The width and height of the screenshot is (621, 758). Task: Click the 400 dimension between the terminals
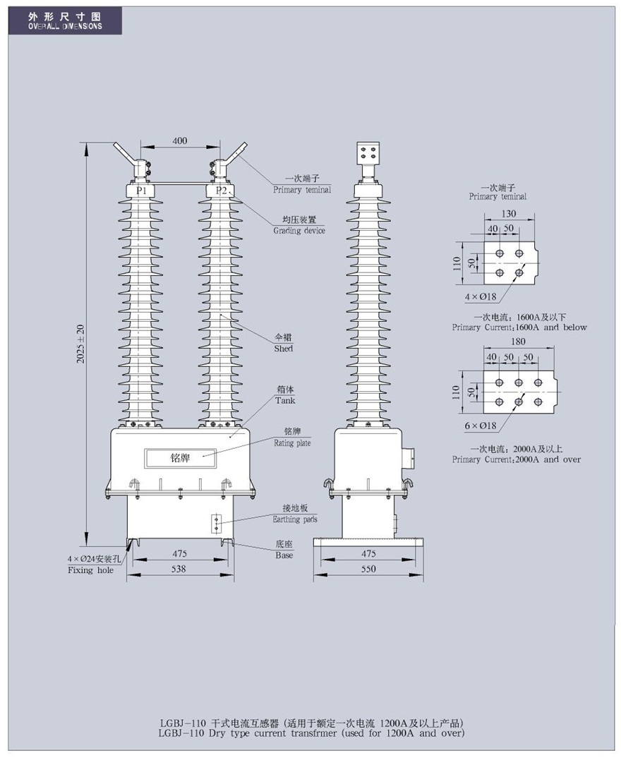(179, 140)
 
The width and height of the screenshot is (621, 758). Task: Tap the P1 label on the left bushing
(141, 191)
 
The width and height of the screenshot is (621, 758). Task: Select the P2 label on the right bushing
(222, 191)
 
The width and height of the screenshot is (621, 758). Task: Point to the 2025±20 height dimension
(80, 344)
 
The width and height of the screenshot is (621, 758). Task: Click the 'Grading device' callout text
(299, 231)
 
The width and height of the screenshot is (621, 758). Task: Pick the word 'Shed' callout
(283, 349)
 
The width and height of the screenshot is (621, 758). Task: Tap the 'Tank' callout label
(285, 400)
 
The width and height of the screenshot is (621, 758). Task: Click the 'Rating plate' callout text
(292, 443)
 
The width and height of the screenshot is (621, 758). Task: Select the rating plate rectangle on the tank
(180, 458)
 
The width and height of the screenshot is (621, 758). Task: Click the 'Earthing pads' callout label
(295, 519)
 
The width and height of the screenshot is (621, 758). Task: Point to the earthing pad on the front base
(217, 522)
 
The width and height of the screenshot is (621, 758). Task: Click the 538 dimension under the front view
(179, 569)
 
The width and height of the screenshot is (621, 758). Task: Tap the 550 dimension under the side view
(368, 569)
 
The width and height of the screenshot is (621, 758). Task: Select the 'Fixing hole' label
(91, 570)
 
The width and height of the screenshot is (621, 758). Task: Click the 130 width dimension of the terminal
(508, 213)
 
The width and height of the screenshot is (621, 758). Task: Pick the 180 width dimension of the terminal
(517, 342)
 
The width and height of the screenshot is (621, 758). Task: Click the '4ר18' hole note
(481, 297)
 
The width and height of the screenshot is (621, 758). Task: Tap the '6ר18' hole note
(481, 426)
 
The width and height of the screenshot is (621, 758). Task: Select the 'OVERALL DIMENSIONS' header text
(65, 27)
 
